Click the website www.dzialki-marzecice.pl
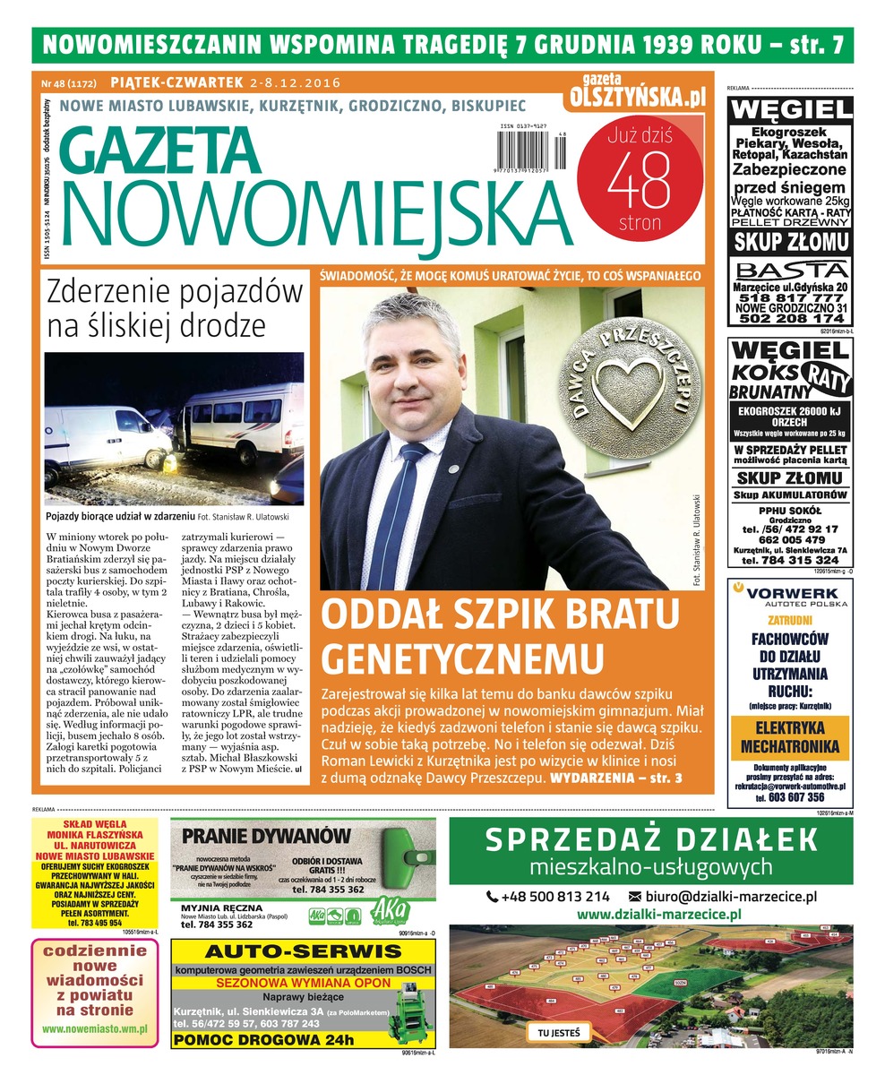click(x=658, y=915)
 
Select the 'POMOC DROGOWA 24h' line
click(x=263, y=1039)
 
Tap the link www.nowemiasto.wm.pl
click(x=95, y=1029)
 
